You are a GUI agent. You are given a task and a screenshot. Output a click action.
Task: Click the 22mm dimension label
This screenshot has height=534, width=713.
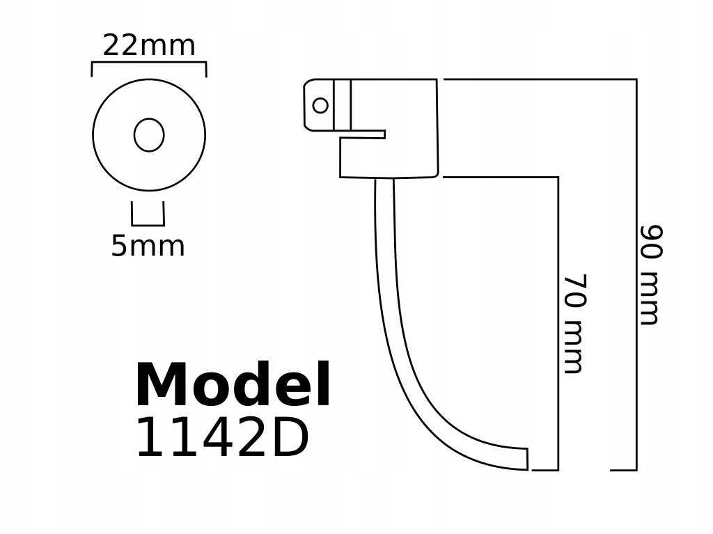tap(149, 46)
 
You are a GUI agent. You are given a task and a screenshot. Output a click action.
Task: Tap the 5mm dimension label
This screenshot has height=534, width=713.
tap(148, 246)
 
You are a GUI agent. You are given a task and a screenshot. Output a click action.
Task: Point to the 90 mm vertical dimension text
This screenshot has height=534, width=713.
tap(650, 274)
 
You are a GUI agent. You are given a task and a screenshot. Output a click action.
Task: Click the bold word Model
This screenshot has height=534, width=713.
tap(233, 386)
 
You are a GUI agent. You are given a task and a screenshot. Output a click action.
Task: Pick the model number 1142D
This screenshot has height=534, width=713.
tap(221, 439)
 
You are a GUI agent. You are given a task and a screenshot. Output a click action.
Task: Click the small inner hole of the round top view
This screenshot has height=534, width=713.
tap(149, 135)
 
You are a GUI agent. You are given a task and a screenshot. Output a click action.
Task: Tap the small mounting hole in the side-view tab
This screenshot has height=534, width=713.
tap(320, 105)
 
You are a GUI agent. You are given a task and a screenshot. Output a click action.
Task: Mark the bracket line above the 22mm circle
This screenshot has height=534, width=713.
tap(149, 63)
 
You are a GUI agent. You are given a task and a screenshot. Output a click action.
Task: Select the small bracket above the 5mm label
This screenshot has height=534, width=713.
tap(148, 224)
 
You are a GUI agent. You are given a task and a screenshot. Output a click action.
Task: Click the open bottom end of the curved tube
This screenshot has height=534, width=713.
tap(527, 459)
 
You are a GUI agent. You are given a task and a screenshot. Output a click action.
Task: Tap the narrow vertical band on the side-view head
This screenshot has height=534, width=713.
tap(342, 104)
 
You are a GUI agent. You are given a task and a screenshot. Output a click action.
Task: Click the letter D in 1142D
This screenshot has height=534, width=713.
tap(292, 439)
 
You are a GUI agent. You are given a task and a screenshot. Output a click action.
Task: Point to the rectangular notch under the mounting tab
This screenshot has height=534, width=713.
tap(362, 134)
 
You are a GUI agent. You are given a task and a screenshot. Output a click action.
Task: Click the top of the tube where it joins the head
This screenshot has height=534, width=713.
tap(384, 182)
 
